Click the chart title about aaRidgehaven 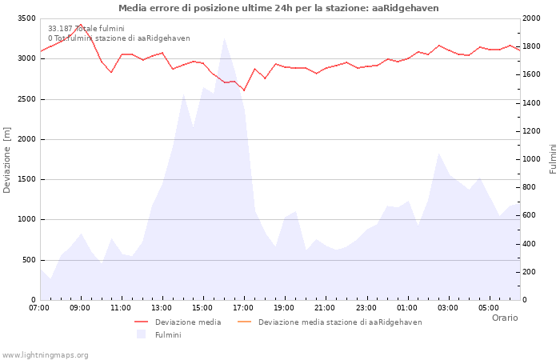pos(278,8)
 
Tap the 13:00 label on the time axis pos(162,308)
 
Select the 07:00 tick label pos(39,308)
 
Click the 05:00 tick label pos(488,308)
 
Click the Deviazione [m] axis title pos(7,160)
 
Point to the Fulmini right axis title pos(553,158)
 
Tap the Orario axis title pos(505,318)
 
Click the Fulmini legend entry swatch pos(142,334)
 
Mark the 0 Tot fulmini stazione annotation pos(118,38)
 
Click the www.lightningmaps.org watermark pos(45,355)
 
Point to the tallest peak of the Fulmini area pos(224,38)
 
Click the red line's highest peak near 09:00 pos(80,25)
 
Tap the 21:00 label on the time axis pos(325,308)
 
